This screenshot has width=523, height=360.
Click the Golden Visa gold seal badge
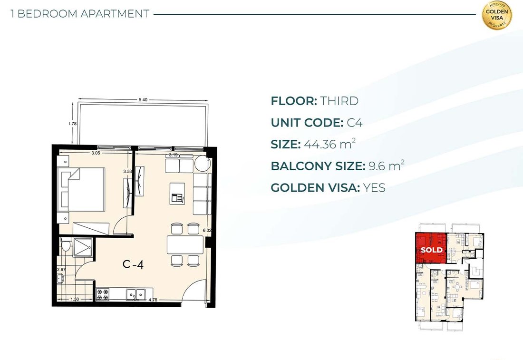coord(497,15)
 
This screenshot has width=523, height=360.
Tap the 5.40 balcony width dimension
coord(143,100)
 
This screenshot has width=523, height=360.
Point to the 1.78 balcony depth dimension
coord(72,124)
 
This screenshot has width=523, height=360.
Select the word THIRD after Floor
coord(339,101)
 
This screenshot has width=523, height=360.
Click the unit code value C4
coord(355,122)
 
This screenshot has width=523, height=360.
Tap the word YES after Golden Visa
coord(374,187)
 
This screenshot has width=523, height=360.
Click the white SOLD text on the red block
coord(432,250)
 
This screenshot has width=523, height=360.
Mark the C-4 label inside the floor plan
coord(133,264)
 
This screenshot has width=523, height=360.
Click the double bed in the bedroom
coord(82,189)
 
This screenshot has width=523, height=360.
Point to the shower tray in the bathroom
coord(83,247)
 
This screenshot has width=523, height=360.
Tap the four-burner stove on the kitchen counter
coord(103,294)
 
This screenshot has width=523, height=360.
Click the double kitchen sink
coord(136,294)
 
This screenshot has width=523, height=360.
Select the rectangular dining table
coord(185,245)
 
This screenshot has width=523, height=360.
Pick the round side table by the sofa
coord(203,164)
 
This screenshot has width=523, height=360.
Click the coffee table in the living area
coord(177,193)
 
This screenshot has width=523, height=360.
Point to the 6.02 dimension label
coord(207,230)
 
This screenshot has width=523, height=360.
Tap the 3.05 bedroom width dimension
coord(96,153)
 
